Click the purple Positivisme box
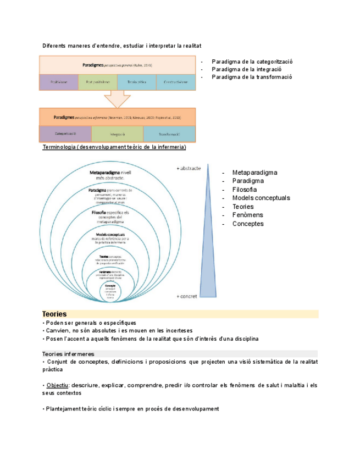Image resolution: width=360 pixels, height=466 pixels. (59, 82)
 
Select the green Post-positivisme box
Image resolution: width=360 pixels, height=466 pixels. (98, 82)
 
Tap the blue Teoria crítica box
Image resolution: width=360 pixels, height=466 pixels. (136, 82)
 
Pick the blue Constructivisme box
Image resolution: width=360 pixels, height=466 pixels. (176, 82)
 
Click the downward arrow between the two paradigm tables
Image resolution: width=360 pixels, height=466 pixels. (117, 99)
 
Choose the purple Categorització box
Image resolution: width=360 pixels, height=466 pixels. (65, 134)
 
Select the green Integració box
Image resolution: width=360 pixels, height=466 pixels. (117, 134)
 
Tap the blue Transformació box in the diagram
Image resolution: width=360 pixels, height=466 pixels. (169, 134)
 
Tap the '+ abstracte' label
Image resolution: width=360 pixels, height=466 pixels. (189, 168)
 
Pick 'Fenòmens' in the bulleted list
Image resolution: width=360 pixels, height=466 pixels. (248, 215)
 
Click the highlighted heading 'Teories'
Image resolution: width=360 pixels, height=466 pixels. (54, 313)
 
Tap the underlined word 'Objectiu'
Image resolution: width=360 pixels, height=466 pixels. (57, 385)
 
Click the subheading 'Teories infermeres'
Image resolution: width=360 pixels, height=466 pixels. (68, 354)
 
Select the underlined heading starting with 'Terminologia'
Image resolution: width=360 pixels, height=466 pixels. (114, 147)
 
